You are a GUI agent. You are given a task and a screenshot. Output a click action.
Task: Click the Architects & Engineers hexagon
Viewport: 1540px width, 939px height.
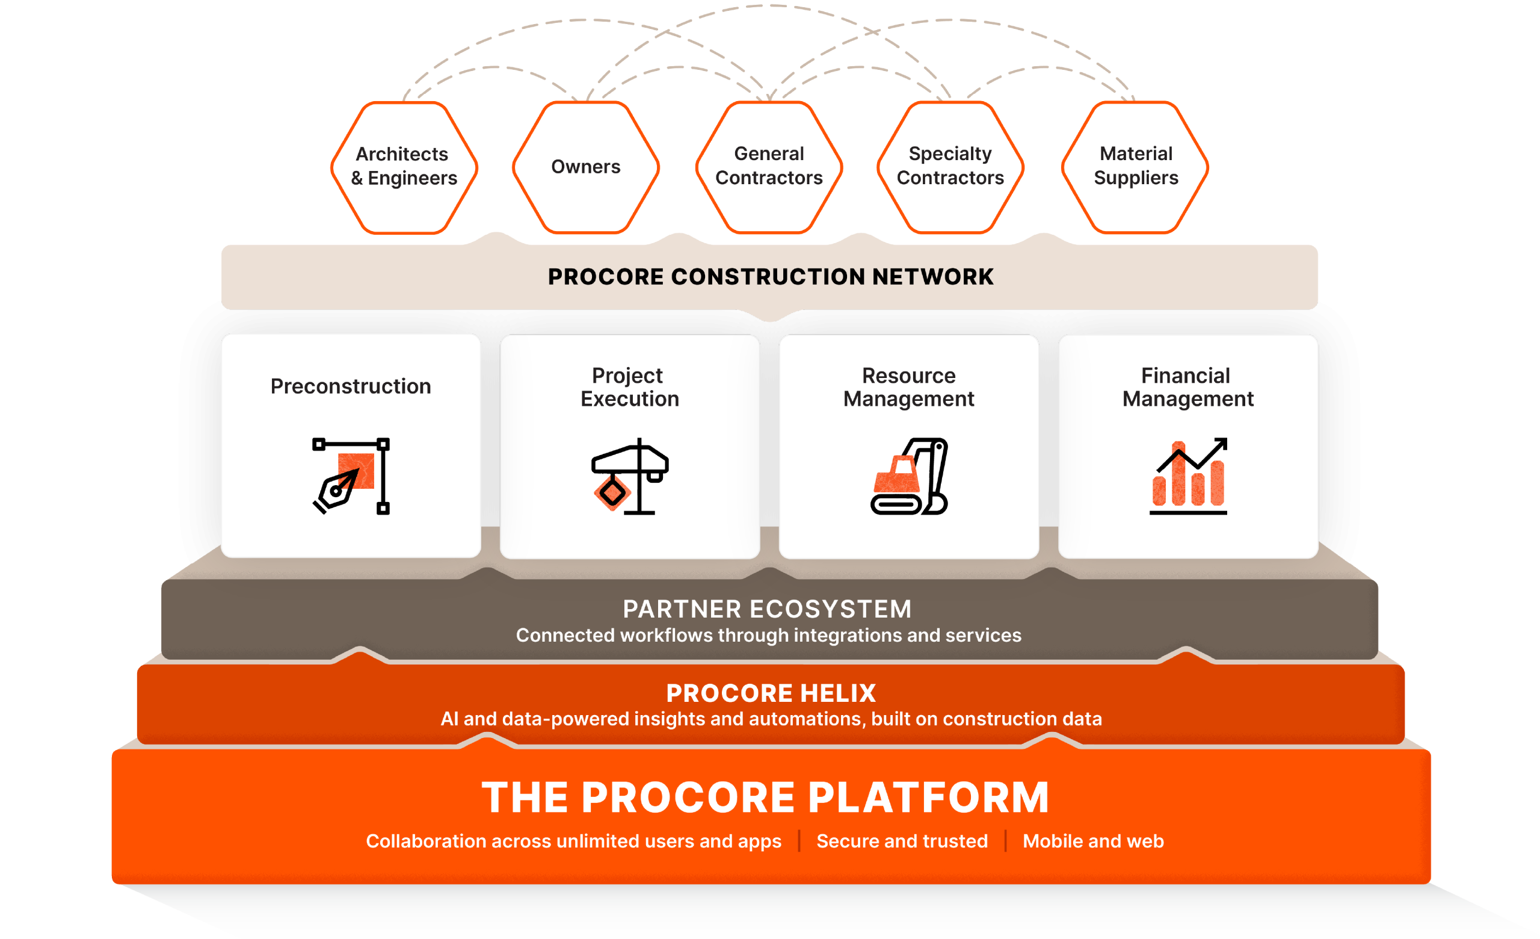pyautogui.click(x=404, y=166)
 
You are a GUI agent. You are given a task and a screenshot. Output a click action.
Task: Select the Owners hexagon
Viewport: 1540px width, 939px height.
pyautogui.click(x=586, y=167)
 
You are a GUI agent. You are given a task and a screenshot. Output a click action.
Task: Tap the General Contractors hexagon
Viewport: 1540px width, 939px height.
pyautogui.click(x=769, y=166)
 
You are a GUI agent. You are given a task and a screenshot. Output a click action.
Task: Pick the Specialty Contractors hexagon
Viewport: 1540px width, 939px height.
pyautogui.click(x=950, y=166)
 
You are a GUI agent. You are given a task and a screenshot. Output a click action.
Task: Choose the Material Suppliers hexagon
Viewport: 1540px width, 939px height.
pyautogui.click(x=1136, y=166)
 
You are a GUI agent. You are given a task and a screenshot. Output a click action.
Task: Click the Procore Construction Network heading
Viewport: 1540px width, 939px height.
pyautogui.click(x=770, y=277)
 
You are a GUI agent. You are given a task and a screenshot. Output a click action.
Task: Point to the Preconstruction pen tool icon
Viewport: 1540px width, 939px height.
pyautogui.click(x=351, y=476)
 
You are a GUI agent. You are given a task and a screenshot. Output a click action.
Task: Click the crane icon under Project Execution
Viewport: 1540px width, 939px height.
pyautogui.click(x=630, y=476)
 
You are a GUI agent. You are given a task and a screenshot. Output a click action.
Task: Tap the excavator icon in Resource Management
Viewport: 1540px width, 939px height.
pyautogui.click(x=909, y=476)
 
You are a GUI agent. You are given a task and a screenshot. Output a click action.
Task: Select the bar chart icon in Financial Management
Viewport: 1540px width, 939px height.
pyautogui.click(x=1187, y=478)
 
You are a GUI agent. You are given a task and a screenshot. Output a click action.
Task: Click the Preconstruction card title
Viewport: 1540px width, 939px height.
pyautogui.click(x=351, y=386)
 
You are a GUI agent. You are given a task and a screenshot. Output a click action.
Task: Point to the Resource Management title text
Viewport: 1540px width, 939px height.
pyautogui.click(x=909, y=387)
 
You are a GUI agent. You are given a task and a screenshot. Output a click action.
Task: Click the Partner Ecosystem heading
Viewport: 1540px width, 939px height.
pyautogui.click(x=768, y=609)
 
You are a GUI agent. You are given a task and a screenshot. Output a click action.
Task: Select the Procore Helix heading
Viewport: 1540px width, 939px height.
pyautogui.click(x=771, y=693)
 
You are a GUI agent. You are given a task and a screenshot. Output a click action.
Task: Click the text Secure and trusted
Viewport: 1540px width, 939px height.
pyautogui.click(x=902, y=841)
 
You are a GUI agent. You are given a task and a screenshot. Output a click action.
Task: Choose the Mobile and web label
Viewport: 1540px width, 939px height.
pyautogui.click(x=1093, y=841)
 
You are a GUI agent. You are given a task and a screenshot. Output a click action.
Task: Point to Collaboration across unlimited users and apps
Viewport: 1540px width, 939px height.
pyautogui.click(x=573, y=841)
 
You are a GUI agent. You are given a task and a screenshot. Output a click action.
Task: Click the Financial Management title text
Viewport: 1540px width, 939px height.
pyautogui.click(x=1187, y=387)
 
